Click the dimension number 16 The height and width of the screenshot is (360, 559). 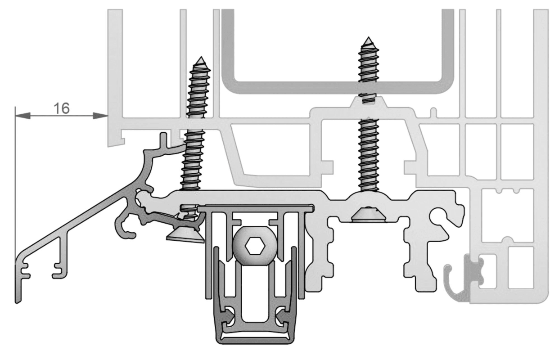click(x=62, y=108)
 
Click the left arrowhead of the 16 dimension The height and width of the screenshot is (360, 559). click(x=23, y=116)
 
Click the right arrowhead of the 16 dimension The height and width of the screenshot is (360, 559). click(x=100, y=116)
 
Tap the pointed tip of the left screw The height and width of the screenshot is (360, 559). click(x=200, y=58)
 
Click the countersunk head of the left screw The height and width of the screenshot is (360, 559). click(x=186, y=236)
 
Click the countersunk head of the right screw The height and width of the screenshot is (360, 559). click(x=369, y=215)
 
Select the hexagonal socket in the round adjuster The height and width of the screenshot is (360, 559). click(x=255, y=246)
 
